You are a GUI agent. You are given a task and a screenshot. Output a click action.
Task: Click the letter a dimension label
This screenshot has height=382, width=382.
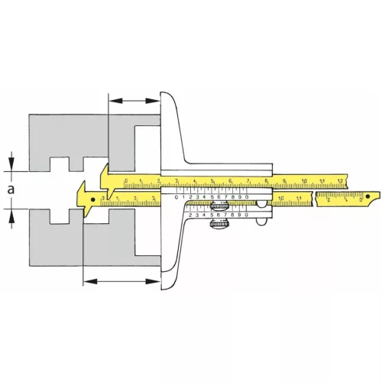(x=10, y=188)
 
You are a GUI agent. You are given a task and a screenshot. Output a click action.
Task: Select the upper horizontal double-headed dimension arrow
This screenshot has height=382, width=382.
(x=134, y=100)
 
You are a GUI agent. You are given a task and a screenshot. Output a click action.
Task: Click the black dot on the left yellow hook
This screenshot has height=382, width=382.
(x=93, y=200)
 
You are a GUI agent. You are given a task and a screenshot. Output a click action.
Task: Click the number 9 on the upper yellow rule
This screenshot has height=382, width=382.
(x=285, y=181)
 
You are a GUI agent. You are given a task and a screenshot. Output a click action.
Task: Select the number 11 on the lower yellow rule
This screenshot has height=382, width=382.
(x=300, y=199)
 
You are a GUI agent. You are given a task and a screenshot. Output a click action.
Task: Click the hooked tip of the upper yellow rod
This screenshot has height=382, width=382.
(x=108, y=173)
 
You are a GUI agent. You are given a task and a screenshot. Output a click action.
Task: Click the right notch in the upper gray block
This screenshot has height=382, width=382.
(x=76, y=163)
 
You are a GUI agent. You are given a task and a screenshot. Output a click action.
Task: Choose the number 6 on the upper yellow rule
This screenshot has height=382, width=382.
(x=230, y=181)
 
